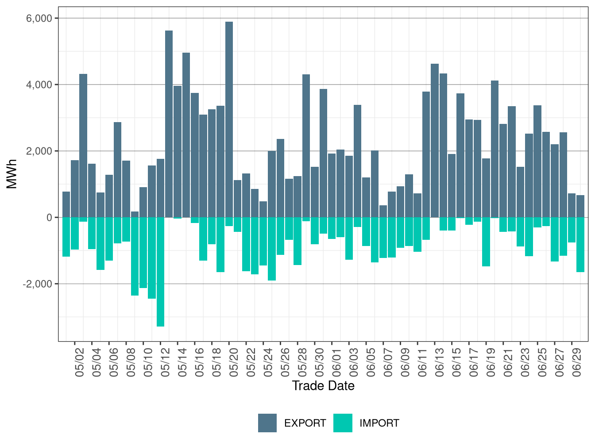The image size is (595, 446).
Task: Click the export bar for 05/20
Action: (x=229, y=119)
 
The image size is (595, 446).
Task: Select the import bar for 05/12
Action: (x=160, y=272)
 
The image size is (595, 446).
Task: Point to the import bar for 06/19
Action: (x=486, y=242)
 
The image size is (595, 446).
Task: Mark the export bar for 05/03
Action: (x=83, y=146)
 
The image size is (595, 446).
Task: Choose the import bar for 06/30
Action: (x=580, y=245)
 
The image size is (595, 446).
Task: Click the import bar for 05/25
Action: (x=272, y=249)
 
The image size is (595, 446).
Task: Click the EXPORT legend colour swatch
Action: (x=267, y=423)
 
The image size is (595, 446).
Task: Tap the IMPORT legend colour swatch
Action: (x=343, y=423)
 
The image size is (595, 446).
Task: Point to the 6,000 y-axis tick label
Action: (x=40, y=18)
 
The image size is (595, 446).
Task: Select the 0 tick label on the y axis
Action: (x=49, y=217)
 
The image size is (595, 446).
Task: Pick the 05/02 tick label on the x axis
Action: (x=80, y=362)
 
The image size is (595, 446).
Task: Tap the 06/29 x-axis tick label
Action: (x=577, y=362)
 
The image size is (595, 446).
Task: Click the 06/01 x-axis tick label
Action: (x=337, y=362)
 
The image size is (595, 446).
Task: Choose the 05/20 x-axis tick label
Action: (x=234, y=362)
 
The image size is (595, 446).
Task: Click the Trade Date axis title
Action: (x=323, y=386)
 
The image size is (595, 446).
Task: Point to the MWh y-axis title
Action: (x=12, y=174)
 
